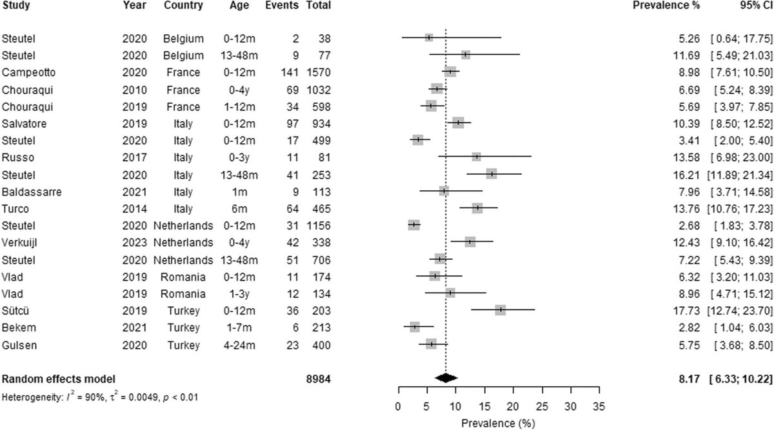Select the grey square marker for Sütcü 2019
500,310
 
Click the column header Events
281,6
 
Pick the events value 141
288,72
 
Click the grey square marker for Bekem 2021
414,327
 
